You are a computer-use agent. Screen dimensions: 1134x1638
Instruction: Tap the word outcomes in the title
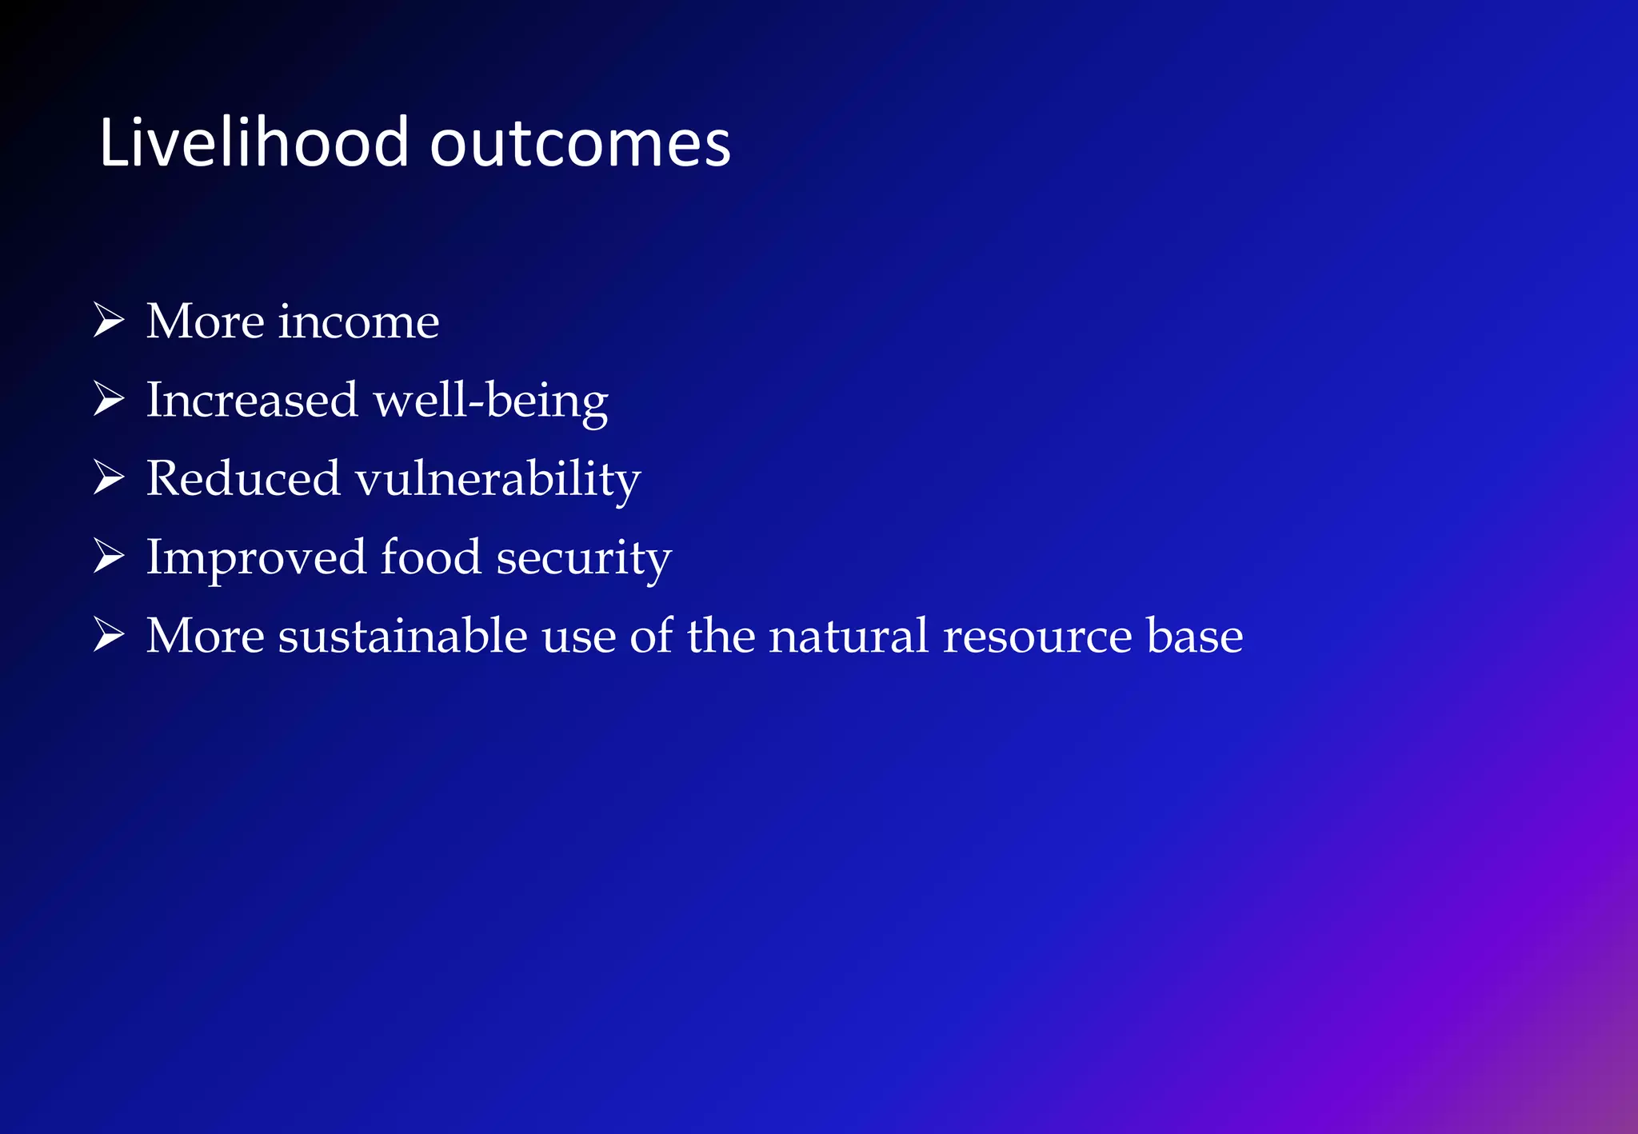tap(580, 144)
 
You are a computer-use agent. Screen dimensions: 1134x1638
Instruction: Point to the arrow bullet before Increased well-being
tap(109, 398)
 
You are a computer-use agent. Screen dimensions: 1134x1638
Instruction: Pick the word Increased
tap(251, 400)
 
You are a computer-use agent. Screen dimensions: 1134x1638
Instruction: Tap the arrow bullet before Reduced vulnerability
tap(109, 477)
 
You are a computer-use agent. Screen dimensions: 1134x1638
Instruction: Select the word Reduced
tap(243, 478)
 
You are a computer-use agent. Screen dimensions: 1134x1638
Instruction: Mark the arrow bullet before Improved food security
tap(109, 555)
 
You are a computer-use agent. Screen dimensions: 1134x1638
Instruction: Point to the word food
tap(431, 557)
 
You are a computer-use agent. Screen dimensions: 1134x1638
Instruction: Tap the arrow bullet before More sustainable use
tap(109, 634)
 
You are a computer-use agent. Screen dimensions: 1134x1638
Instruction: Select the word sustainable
tap(402, 636)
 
